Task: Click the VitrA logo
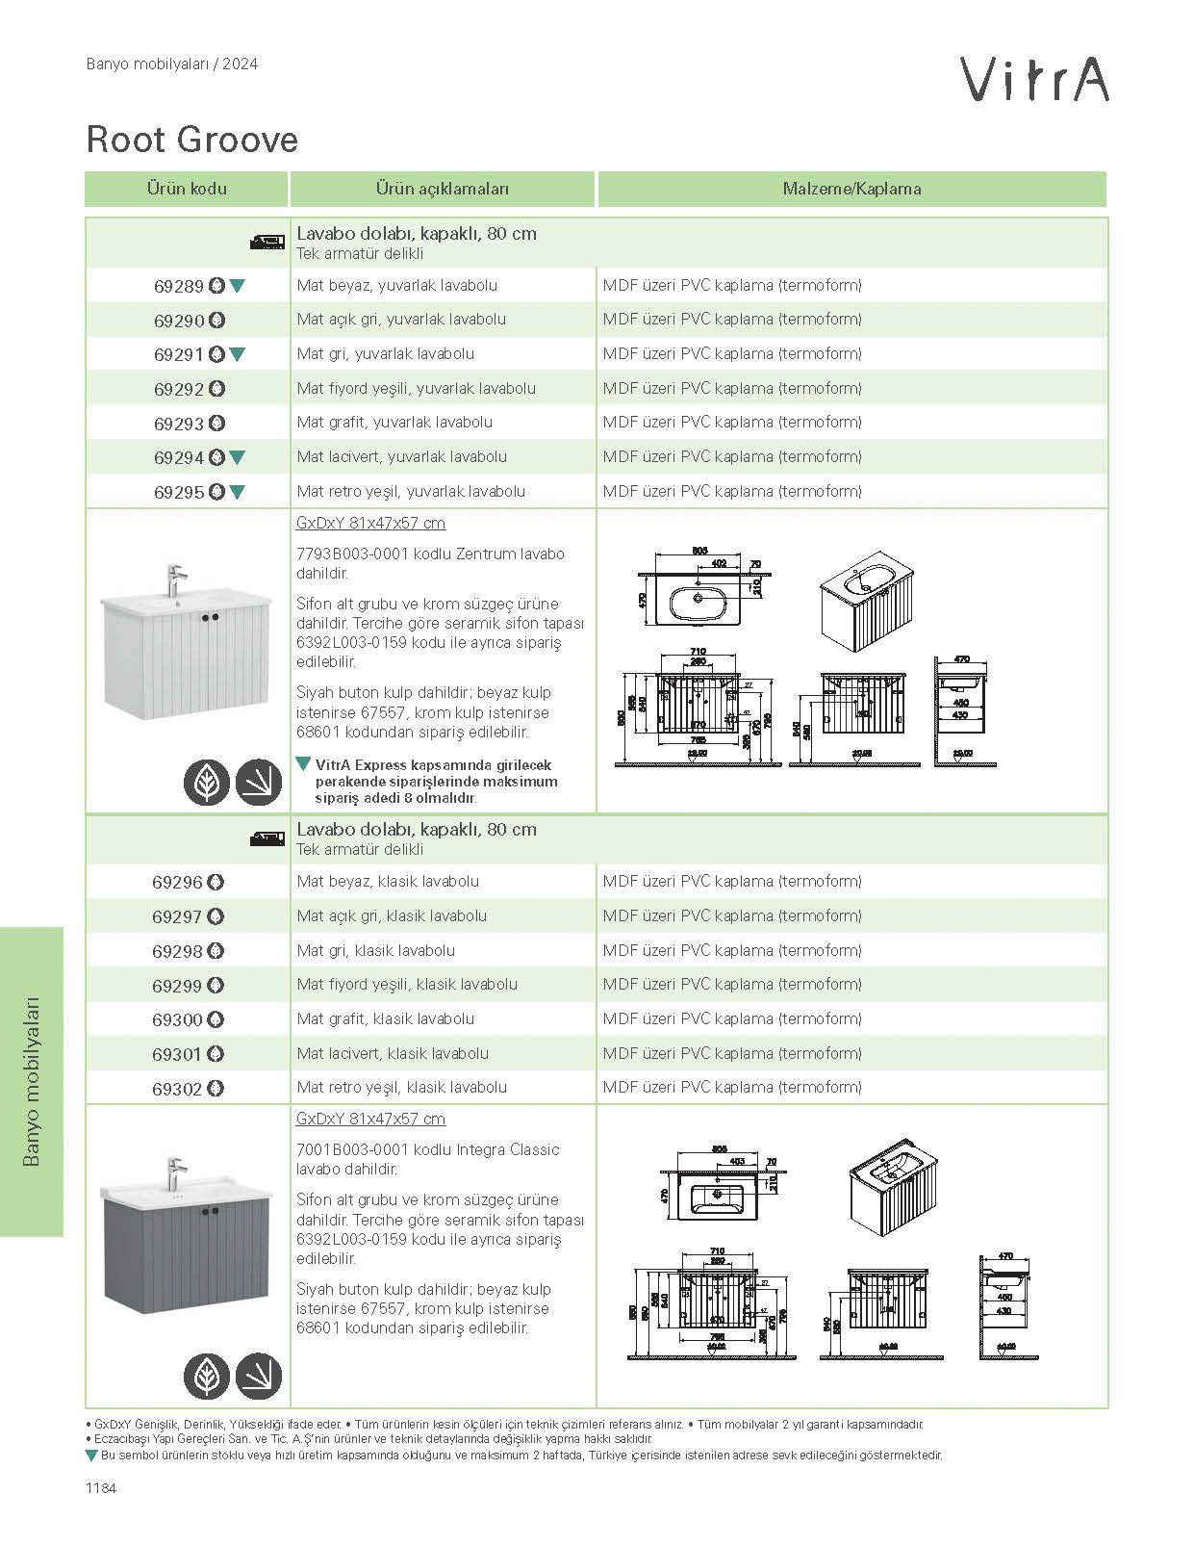click(x=1034, y=79)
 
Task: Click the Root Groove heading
click(x=192, y=140)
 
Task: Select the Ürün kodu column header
click(x=187, y=189)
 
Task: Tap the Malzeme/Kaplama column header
click(x=851, y=189)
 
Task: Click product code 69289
click(x=179, y=286)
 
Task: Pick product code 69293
click(x=179, y=424)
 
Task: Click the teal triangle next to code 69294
click(x=238, y=458)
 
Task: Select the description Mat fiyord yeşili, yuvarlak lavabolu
click(x=416, y=389)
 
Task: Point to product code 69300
click(x=177, y=1019)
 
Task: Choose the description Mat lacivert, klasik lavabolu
click(x=393, y=1053)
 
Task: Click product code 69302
click(x=177, y=1089)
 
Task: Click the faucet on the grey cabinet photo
click(x=174, y=1173)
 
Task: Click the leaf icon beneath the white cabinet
click(x=207, y=782)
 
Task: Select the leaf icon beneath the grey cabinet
click(x=207, y=1377)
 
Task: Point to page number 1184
click(x=101, y=1488)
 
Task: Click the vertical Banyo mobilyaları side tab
click(x=31, y=1081)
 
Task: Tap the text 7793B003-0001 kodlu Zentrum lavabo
click(x=430, y=554)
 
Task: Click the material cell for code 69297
click(x=732, y=916)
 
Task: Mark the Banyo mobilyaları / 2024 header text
click(x=172, y=64)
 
